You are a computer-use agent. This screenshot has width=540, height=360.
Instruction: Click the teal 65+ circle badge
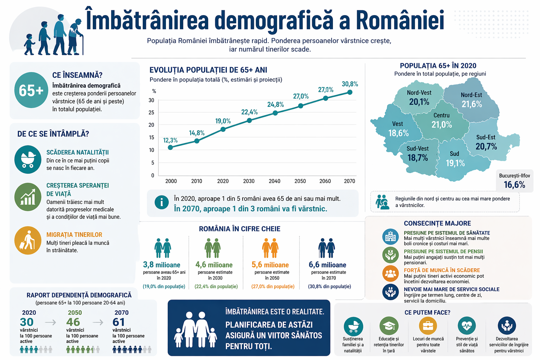coord(31,90)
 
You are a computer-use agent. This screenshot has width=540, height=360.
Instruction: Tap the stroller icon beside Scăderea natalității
coord(28,159)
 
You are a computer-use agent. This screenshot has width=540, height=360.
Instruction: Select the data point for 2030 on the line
coord(249,120)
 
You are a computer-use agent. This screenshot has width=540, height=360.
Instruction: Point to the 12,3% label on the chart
coord(170,140)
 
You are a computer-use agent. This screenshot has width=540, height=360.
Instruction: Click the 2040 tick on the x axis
coord(275,181)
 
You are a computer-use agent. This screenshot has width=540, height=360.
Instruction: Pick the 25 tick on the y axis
coord(152,112)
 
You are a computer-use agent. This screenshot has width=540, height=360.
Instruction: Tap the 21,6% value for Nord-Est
coord(471,104)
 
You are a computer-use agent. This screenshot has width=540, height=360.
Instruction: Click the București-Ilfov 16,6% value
coord(514,185)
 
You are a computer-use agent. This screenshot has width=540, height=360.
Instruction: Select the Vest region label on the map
coord(397,124)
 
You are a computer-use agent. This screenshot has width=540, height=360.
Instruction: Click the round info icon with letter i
coord(162,202)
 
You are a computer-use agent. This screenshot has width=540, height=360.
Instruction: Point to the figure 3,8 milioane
coord(162,265)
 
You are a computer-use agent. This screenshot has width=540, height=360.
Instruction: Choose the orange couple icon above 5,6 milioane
coord(270,248)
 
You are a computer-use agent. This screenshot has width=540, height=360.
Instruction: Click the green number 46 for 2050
coord(73,322)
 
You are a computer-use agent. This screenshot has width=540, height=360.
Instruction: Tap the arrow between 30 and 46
coord(51,322)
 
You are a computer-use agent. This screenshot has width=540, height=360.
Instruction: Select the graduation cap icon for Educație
coord(389,326)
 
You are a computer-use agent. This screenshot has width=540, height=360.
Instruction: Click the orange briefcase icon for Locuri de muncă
coord(428,326)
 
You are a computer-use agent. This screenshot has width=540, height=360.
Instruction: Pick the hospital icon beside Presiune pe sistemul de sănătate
coord(390,237)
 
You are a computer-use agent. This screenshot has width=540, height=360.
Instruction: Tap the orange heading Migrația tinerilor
coord(74,234)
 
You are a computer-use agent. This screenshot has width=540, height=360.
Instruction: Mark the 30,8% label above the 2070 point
coord(350,84)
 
